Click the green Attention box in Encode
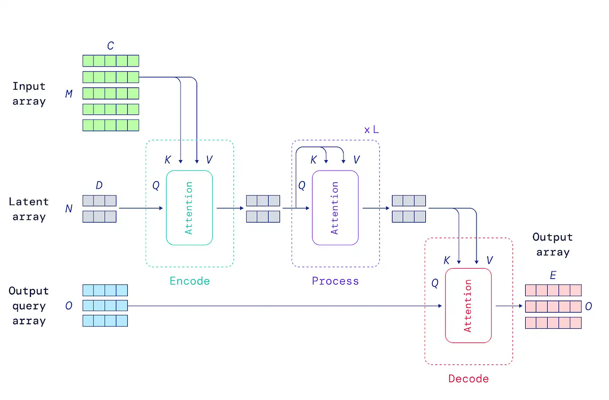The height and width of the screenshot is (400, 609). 189,208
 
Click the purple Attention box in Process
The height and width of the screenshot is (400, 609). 335,208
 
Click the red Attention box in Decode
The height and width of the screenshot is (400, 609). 468,306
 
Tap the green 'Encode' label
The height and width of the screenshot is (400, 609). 189,281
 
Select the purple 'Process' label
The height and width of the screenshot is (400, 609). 335,281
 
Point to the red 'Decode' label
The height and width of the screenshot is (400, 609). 468,379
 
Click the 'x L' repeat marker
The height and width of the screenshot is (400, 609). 371,129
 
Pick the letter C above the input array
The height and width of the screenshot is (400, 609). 110,46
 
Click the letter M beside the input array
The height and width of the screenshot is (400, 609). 69,94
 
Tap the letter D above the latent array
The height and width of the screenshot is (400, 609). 99,185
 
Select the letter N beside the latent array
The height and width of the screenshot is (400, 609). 69,209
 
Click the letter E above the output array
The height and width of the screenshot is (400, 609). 553,276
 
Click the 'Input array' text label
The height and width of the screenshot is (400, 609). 29,94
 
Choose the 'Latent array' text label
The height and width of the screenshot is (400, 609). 29,209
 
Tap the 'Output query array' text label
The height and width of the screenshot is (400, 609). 29,306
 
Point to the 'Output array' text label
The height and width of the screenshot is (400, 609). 552,245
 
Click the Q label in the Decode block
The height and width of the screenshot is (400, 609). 434,283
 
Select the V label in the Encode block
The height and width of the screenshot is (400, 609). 209,160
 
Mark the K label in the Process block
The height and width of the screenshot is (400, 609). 314,160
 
